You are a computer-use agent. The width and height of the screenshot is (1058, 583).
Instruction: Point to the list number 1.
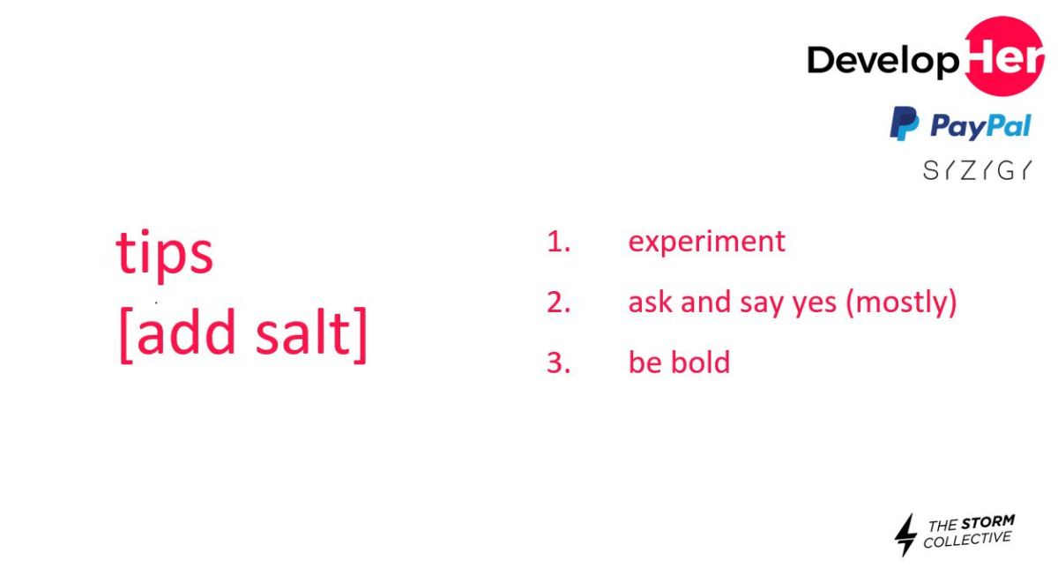pos(558,242)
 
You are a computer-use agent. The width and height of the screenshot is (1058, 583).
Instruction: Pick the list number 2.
pos(558,302)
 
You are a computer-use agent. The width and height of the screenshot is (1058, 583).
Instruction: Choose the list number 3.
pos(558,363)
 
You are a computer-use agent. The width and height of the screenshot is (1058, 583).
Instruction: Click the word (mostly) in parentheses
pos(901,303)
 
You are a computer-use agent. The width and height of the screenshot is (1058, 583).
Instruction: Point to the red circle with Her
pos(1003,56)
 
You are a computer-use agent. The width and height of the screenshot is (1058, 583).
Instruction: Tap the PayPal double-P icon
pos(905,123)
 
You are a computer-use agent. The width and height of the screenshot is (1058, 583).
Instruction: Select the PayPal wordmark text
pos(980,126)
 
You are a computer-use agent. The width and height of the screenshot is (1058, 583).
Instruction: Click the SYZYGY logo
pos(977,170)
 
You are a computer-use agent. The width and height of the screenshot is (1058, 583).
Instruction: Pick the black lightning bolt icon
pos(906,535)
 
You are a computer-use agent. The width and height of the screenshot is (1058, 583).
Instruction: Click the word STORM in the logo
pos(987,522)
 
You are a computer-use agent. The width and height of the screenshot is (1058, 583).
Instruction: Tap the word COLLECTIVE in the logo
pos(967,540)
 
